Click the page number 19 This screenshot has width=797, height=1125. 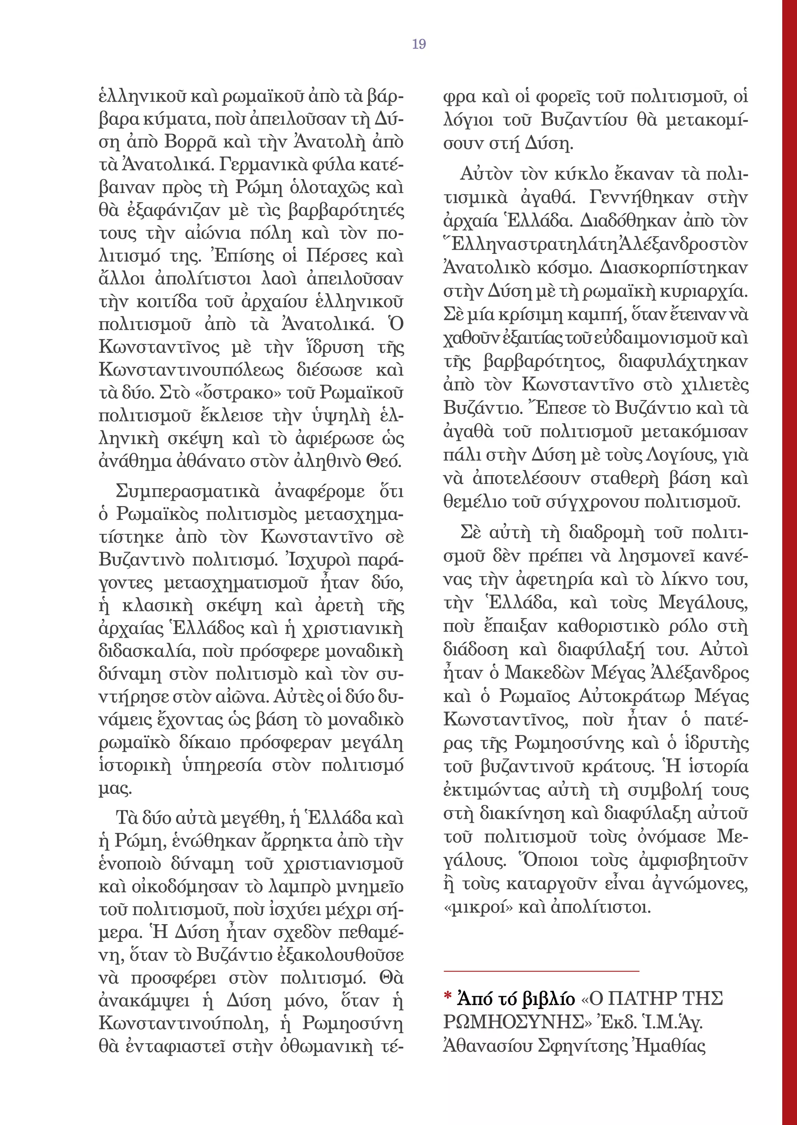419,44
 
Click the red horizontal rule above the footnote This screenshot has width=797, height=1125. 541,971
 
